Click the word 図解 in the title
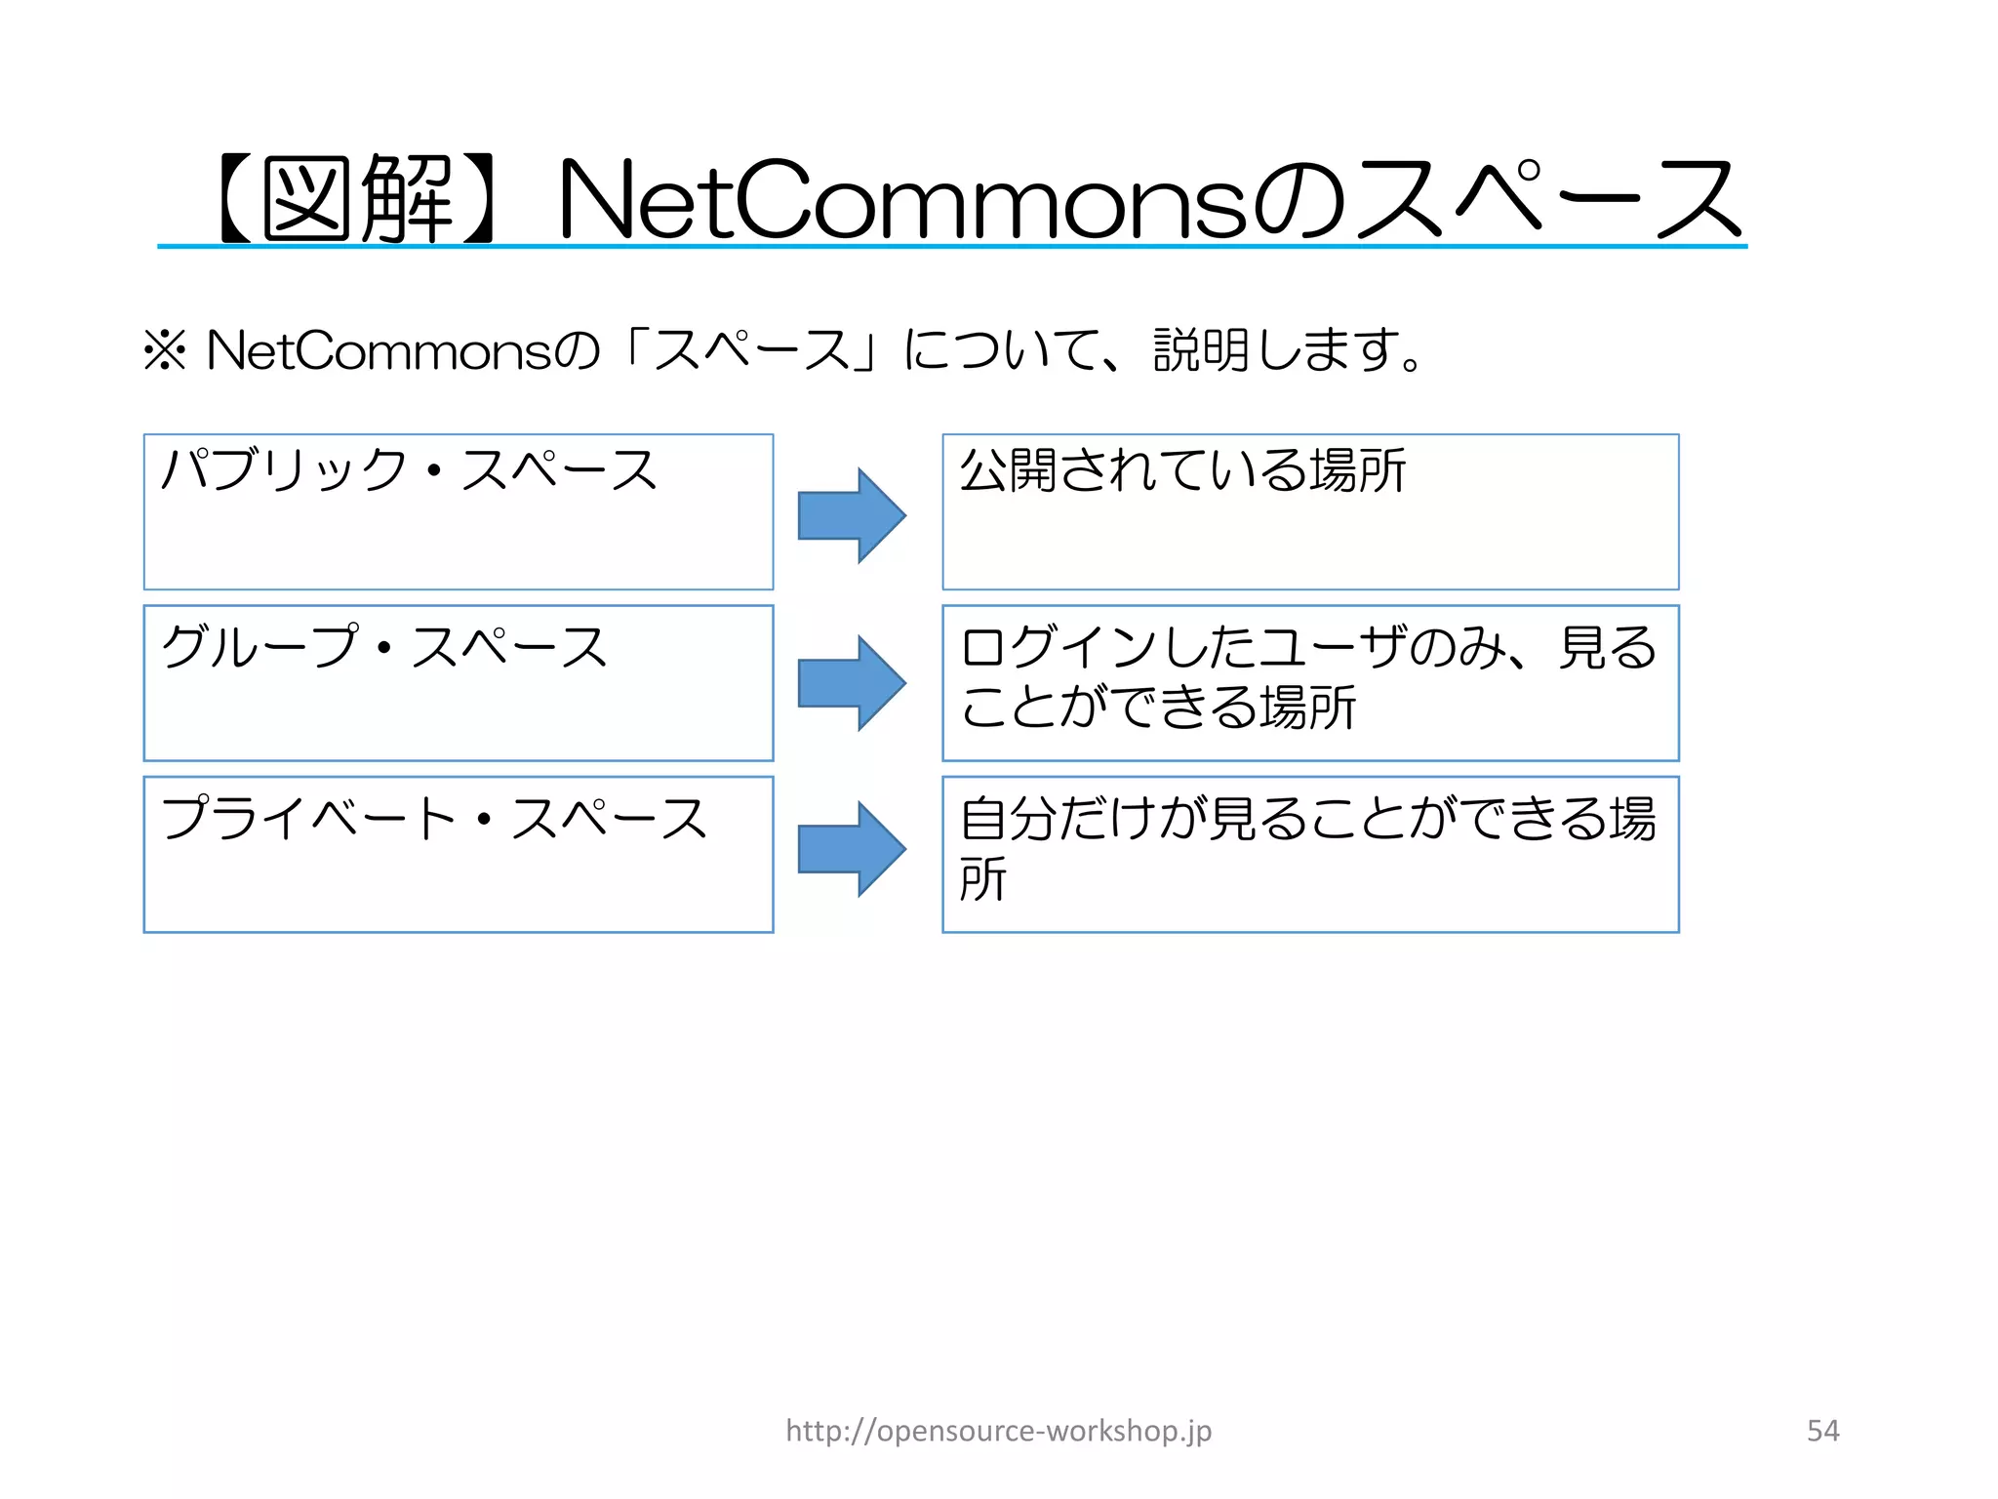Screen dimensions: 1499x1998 click(x=356, y=200)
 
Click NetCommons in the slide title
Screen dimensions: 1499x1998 click(x=902, y=200)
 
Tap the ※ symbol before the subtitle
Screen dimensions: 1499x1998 click(x=165, y=350)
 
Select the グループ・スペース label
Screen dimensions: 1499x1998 click(x=384, y=647)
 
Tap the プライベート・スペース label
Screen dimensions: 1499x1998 click(x=434, y=818)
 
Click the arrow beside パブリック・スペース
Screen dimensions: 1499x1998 click(x=852, y=515)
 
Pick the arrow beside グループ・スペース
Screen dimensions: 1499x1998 click(x=852, y=683)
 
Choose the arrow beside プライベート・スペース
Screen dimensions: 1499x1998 click(x=852, y=849)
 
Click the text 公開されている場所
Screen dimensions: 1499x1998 click(x=1182, y=470)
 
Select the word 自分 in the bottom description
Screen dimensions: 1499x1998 click(x=1008, y=818)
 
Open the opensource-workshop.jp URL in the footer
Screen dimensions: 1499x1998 click(x=999, y=1431)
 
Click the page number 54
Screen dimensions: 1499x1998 click(x=1822, y=1431)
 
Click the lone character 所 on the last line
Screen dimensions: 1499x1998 click(x=982, y=879)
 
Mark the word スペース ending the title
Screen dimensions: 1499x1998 click(x=1546, y=200)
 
